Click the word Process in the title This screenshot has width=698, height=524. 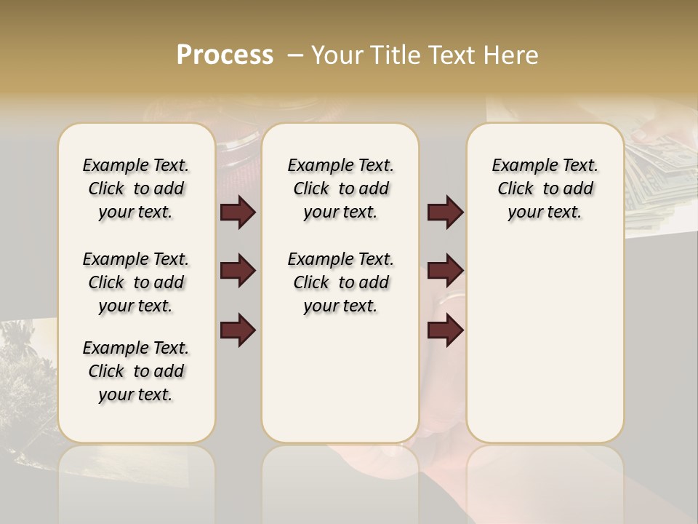pos(225,55)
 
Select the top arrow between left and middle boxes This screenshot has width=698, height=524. pos(238,213)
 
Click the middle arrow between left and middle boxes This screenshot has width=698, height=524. pos(238,271)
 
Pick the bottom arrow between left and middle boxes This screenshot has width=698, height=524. pos(238,330)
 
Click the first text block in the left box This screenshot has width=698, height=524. pos(136,188)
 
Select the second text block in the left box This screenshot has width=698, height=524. pos(136,282)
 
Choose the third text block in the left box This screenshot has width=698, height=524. pos(136,371)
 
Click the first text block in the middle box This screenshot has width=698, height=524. pos(340,188)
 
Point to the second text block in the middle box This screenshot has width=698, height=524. pos(340,282)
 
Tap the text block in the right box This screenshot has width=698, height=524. pos(545,188)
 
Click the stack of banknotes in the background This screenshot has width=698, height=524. pos(658,175)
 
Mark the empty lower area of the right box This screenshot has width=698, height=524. pos(545,342)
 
